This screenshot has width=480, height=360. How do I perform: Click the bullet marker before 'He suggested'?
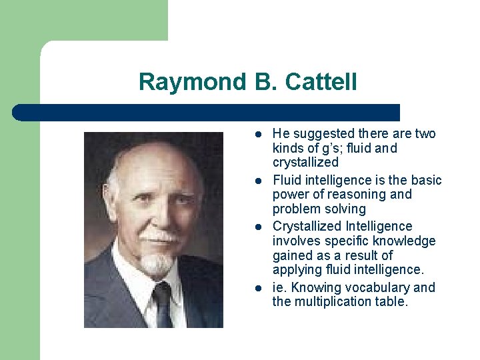[x=257, y=134]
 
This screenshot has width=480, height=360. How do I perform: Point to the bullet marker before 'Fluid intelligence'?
[x=257, y=181]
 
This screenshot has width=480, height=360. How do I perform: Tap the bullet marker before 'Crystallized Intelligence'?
[x=257, y=227]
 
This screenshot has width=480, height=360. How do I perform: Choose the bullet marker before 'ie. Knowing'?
[x=257, y=288]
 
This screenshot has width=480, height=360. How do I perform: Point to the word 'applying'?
[x=295, y=270]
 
